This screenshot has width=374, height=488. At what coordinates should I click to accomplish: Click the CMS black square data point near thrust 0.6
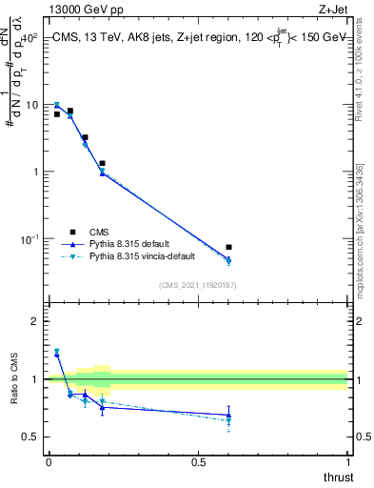tap(228, 248)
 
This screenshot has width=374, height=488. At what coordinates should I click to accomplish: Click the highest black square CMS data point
tap(70, 112)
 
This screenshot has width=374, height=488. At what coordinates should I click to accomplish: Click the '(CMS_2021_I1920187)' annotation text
tap(198, 284)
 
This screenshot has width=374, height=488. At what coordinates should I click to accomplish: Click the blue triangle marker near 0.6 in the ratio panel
tap(228, 416)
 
